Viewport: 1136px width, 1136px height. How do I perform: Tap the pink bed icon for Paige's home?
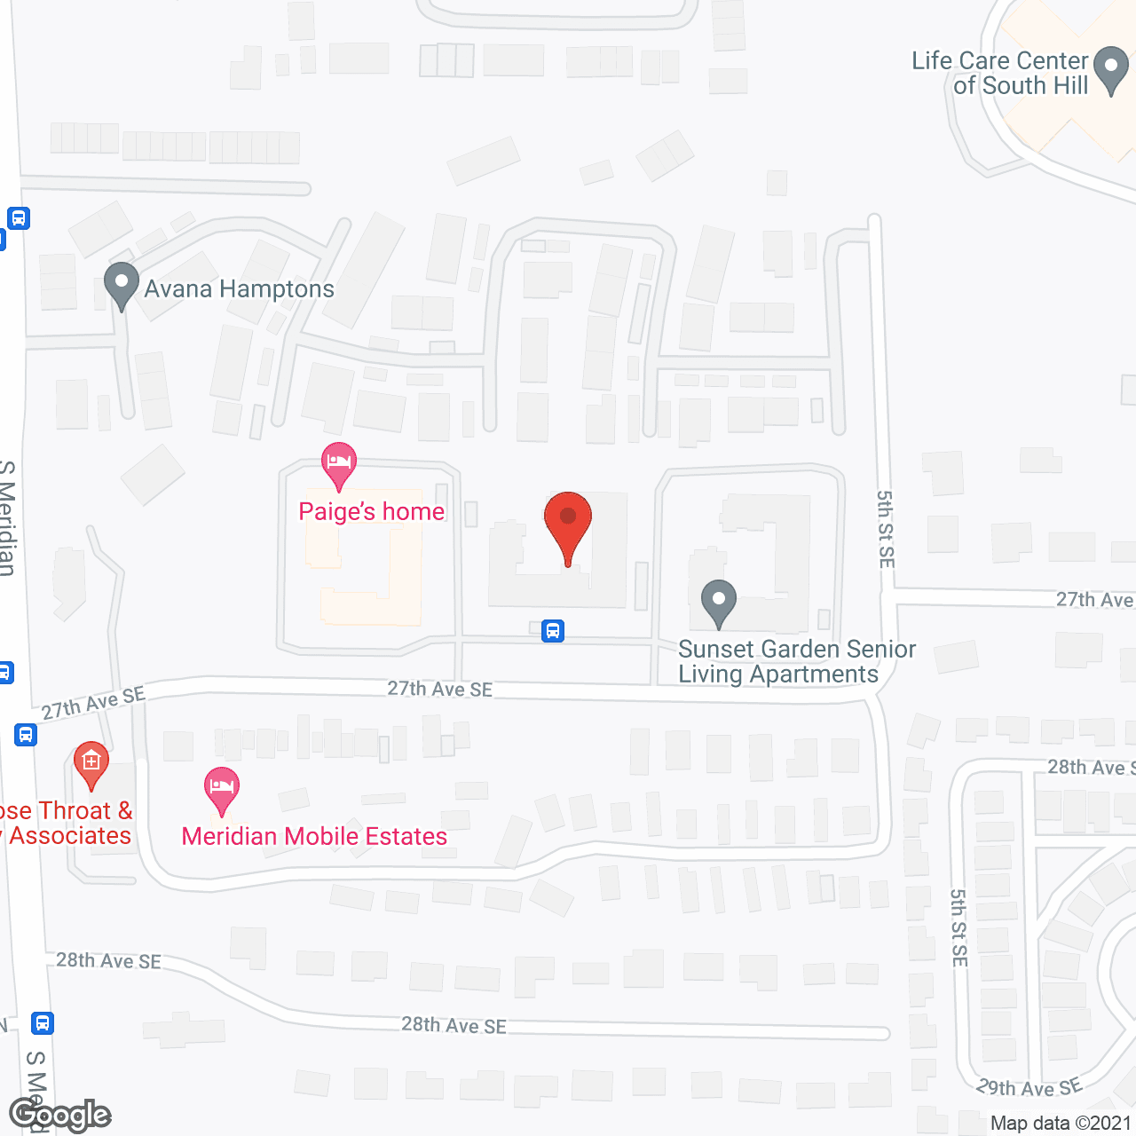coord(338,462)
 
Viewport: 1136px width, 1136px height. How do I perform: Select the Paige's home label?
coord(371,512)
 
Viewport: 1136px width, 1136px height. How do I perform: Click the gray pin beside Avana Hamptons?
coord(122,284)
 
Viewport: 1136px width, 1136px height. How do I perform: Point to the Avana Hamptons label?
coord(239,289)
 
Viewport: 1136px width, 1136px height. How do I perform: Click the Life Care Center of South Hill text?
coord(1000,73)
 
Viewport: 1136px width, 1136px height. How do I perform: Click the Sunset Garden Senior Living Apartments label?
coord(796,661)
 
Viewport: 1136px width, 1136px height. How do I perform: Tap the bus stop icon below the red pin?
coord(553,631)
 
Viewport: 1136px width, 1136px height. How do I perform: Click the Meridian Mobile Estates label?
coord(314,837)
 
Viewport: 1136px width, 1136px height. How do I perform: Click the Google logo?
coord(59,1115)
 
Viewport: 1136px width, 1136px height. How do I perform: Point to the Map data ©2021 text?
coord(1061,1124)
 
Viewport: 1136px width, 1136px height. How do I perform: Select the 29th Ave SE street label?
coord(1029,1087)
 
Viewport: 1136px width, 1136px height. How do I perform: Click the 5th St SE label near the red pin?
coord(886,529)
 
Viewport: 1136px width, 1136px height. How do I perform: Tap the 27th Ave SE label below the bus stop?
coord(439,690)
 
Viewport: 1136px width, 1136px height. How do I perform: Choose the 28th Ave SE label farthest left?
coord(108,961)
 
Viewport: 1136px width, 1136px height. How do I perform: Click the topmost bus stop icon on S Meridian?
coord(19,218)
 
